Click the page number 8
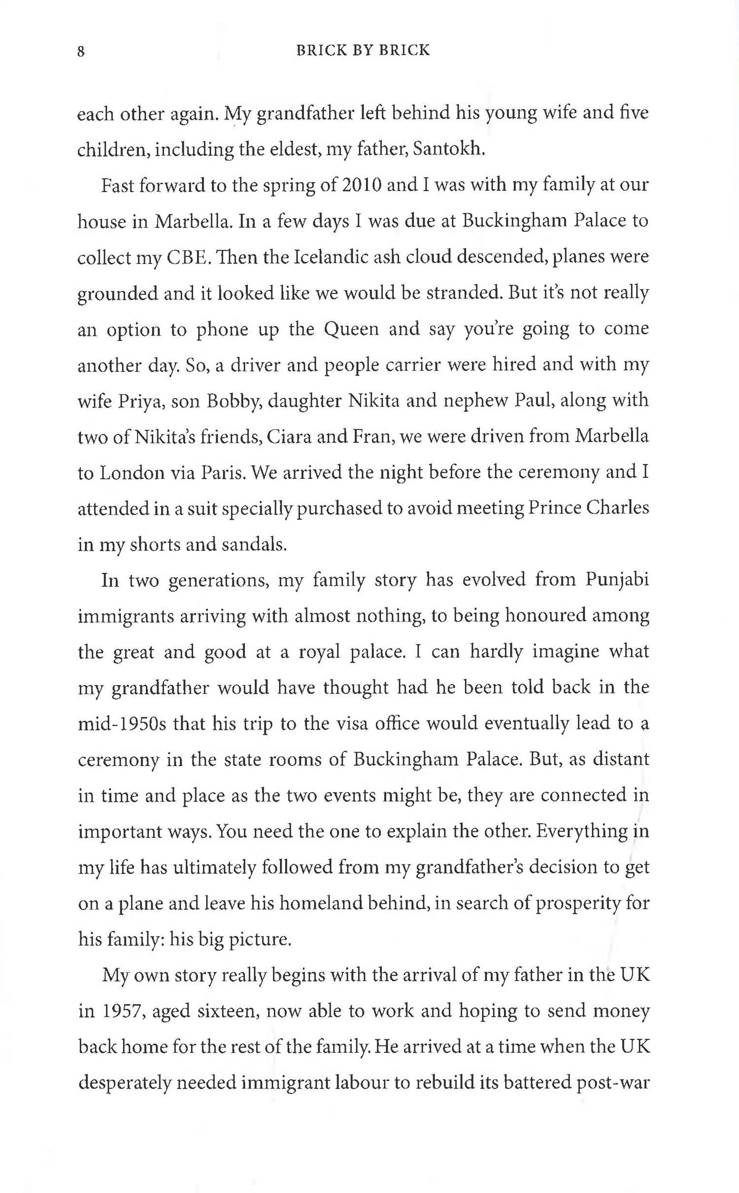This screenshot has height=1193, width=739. pyautogui.click(x=81, y=51)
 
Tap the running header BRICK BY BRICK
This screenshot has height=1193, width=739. pyautogui.click(x=363, y=50)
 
